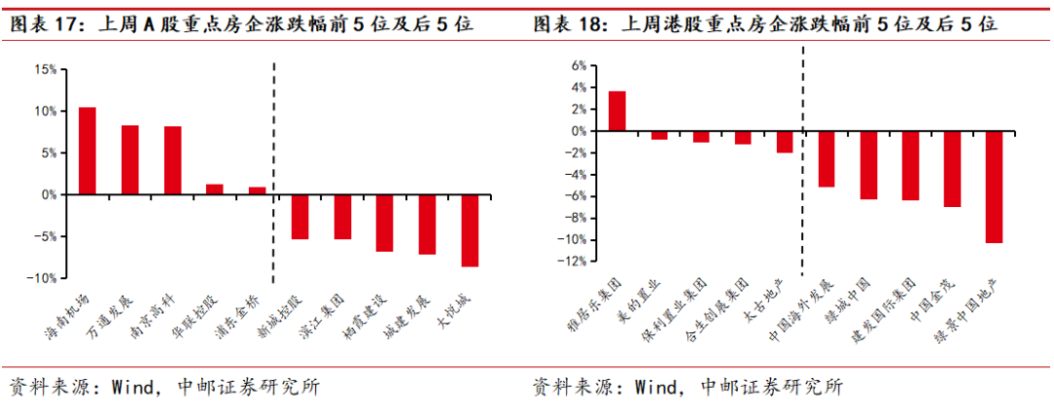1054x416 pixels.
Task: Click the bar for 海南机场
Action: pos(87,150)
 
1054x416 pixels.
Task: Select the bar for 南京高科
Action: pos(173,160)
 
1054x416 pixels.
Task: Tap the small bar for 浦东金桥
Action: pos(257,190)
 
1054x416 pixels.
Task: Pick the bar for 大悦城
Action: pos(469,230)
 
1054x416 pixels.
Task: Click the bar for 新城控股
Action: pos(300,217)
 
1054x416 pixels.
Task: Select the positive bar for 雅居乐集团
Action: pos(617,110)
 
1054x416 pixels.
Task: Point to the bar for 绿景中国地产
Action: pos(993,187)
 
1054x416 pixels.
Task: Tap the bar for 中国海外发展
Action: pos(827,158)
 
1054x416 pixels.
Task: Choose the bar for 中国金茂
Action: pos(952,169)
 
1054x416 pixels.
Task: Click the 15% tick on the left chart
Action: pos(44,69)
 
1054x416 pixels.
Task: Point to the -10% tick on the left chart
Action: pos(42,278)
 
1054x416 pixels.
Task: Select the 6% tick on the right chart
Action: pos(578,66)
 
